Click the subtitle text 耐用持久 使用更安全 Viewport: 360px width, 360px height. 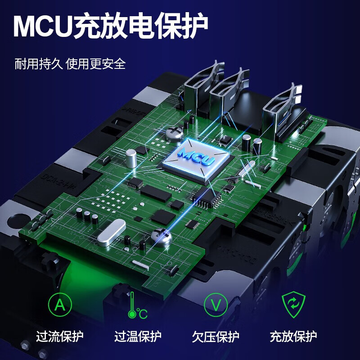(70, 63)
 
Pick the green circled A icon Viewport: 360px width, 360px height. (60, 305)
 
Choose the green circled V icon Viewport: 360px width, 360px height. (216, 305)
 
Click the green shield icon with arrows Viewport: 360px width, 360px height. (293, 305)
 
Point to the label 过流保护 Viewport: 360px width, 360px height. (60, 336)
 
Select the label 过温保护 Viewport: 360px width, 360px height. (138, 336)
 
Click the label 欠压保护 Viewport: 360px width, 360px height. (216, 336)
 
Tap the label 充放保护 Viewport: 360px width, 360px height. (293, 336)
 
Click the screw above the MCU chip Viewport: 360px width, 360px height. (173, 132)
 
